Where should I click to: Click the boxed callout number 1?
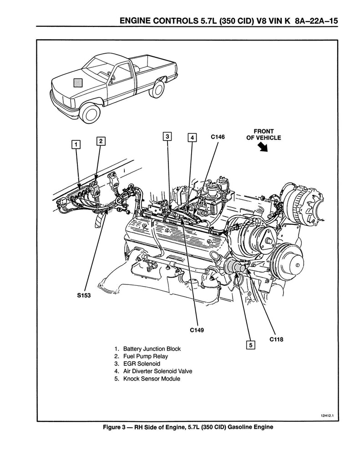tap(76, 144)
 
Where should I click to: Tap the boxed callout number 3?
tap(167, 136)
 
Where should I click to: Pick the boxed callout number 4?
tap(192, 137)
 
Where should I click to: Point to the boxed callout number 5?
tap(250, 344)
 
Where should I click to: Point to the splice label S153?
tap(84, 295)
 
